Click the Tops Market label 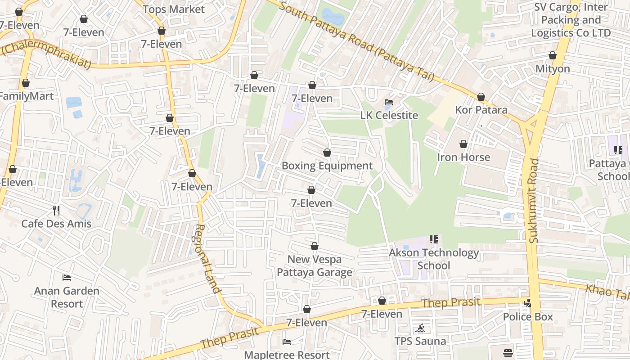point(173,9)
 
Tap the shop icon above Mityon point(552,56)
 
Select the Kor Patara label point(481,110)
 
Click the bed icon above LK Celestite point(389,103)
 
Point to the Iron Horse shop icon point(463,144)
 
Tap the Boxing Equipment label point(327,166)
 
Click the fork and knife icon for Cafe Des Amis point(56,210)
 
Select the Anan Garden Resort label point(67,297)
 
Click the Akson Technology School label point(434,259)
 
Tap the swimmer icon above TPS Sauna point(420,328)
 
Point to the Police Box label point(528,317)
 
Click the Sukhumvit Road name point(534,201)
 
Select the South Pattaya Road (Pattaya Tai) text point(355,40)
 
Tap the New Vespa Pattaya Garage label point(315,265)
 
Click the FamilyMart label point(27,96)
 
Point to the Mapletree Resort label point(287,355)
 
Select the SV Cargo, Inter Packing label point(571,20)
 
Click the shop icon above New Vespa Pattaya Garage point(315,246)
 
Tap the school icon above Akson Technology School point(434,239)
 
